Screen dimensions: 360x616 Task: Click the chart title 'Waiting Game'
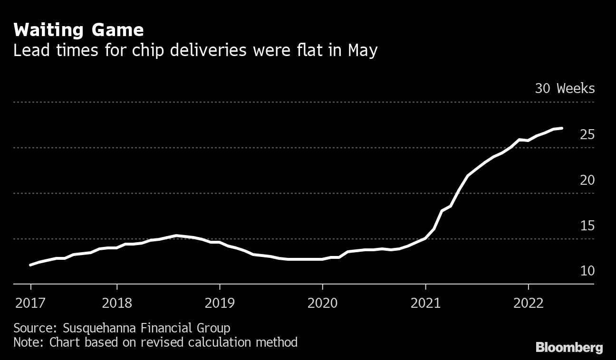(x=78, y=30)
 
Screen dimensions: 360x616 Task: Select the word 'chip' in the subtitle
(x=198, y=50)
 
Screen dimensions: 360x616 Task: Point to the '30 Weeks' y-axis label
(x=564, y=88)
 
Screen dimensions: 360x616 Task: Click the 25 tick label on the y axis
(x=587, y=135)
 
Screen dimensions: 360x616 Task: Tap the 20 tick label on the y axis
(x=587, y=180)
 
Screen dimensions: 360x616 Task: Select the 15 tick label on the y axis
(x=587, y=226)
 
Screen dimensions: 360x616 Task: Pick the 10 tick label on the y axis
(x=587, y=271)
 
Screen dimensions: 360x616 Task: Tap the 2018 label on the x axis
(x=117, y=303)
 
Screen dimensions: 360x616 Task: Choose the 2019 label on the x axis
(x=220, y=303)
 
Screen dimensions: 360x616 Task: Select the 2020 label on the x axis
(x=322, y=303)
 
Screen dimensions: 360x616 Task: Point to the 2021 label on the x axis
(x=425, y=303)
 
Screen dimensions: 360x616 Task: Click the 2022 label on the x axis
(x=528, y=303)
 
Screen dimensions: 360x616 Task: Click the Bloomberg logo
(x=569, y=348)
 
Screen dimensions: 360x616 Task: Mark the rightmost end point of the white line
(x=562, y=128)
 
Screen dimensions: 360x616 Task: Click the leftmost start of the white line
(x=30, y=265)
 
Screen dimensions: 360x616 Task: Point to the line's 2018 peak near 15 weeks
(x=176, y=235)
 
